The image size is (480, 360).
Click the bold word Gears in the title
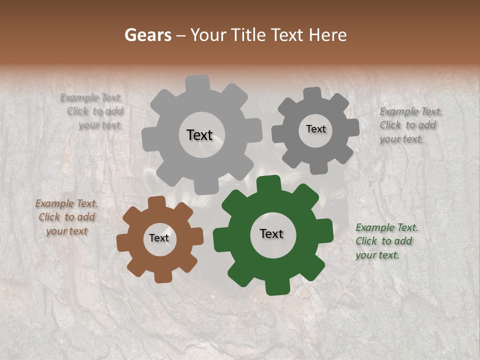pyautogui.click(x=147, y=35)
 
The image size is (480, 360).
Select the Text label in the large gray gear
pyautogui.click(x=199, y=135)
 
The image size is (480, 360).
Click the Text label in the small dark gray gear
pyautogui.click(x=315, y=129)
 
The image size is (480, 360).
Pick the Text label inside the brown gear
pyautogui.click(x=159, y=238)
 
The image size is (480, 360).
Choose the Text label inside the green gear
pyautogui.click(x=271, y=233)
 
